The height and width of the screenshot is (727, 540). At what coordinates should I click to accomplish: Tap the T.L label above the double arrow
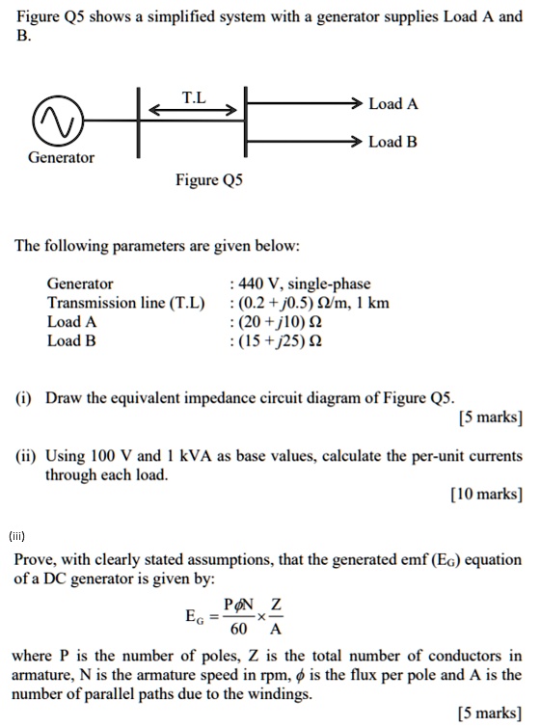click(194, 96)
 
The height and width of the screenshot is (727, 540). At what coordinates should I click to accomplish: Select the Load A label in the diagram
click(392, 104)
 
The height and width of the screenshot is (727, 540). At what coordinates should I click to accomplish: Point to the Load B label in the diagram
click(392, 143)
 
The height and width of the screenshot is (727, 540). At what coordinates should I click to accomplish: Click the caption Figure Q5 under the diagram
click(209, 180)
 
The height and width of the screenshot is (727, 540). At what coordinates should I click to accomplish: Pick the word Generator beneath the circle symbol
click(61, 157)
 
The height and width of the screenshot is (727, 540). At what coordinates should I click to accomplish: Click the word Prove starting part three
click(36, 559)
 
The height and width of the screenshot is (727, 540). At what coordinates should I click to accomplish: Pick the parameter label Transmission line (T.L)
click(126, 303)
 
